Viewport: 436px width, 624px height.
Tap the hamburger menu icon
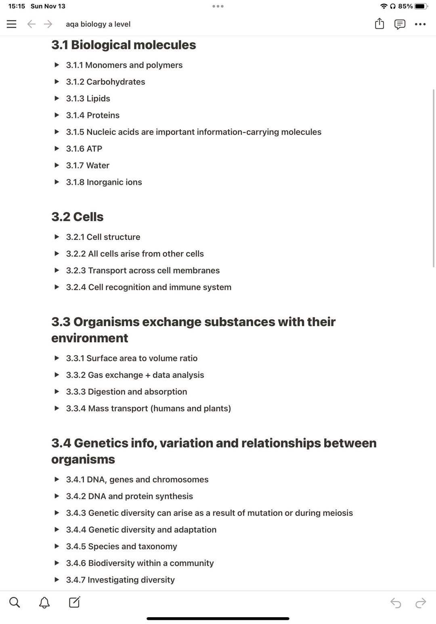(12, 24)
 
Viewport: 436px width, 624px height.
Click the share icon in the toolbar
(379, 24)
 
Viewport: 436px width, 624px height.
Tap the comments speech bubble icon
(400, 24)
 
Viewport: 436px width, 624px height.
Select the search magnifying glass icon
(15, 603)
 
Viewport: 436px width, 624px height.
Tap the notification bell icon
(44, 603)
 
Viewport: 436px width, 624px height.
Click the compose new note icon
(74, 602)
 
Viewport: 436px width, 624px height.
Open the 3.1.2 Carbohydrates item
(105, 82)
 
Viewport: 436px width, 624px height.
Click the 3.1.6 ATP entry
(84, 149)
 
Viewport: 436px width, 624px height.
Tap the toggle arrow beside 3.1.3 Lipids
(57, 98)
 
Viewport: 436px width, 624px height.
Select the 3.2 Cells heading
(77, 217)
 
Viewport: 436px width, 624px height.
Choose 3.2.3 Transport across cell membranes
(143, 271)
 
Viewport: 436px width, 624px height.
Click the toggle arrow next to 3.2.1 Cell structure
(57, 237)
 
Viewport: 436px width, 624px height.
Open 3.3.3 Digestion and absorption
(126, 392)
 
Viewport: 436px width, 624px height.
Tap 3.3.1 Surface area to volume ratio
(132, 358)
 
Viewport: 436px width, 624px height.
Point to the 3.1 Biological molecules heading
(124, 45)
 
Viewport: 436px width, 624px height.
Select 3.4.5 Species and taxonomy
(121, 547)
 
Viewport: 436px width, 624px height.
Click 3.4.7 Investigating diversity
(120, 580)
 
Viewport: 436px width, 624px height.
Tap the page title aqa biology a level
(98, 24)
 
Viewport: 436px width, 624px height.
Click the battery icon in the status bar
(421, 6)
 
